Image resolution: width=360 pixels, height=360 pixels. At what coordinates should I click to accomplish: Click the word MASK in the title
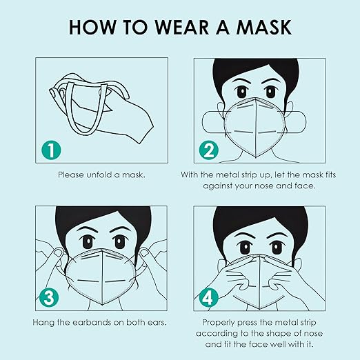click(x=258, y=28)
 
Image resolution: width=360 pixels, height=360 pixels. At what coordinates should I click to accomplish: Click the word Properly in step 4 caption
click(x=220, y=322)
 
